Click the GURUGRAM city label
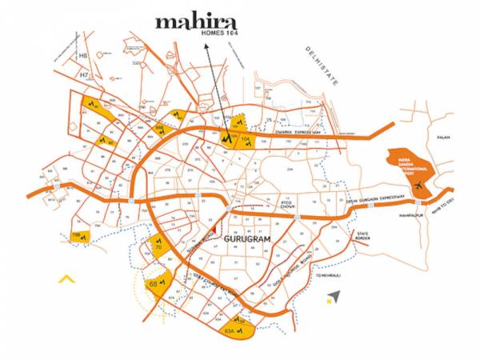click(x=247, y=240)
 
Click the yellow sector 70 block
click(x=158, y=248)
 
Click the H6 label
click(x=82, y=56)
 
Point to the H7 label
click(x=82, y=74)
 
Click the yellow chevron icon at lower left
click(x=66, y=279)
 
